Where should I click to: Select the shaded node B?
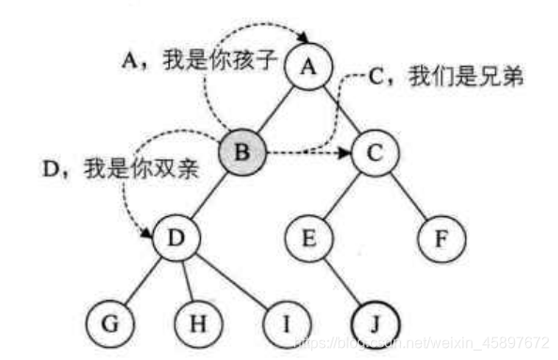pos(242,152)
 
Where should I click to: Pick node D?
pos(175,239)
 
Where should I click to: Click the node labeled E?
pos(308,239)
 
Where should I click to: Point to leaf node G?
pos(109,324)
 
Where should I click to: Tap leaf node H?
pos(197,324)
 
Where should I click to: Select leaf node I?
pos(287,324)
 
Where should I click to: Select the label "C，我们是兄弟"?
pos(445,79)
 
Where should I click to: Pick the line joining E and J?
pos(342,282)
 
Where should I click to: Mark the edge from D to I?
pos(232,283)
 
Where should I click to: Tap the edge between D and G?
pos(142,282)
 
